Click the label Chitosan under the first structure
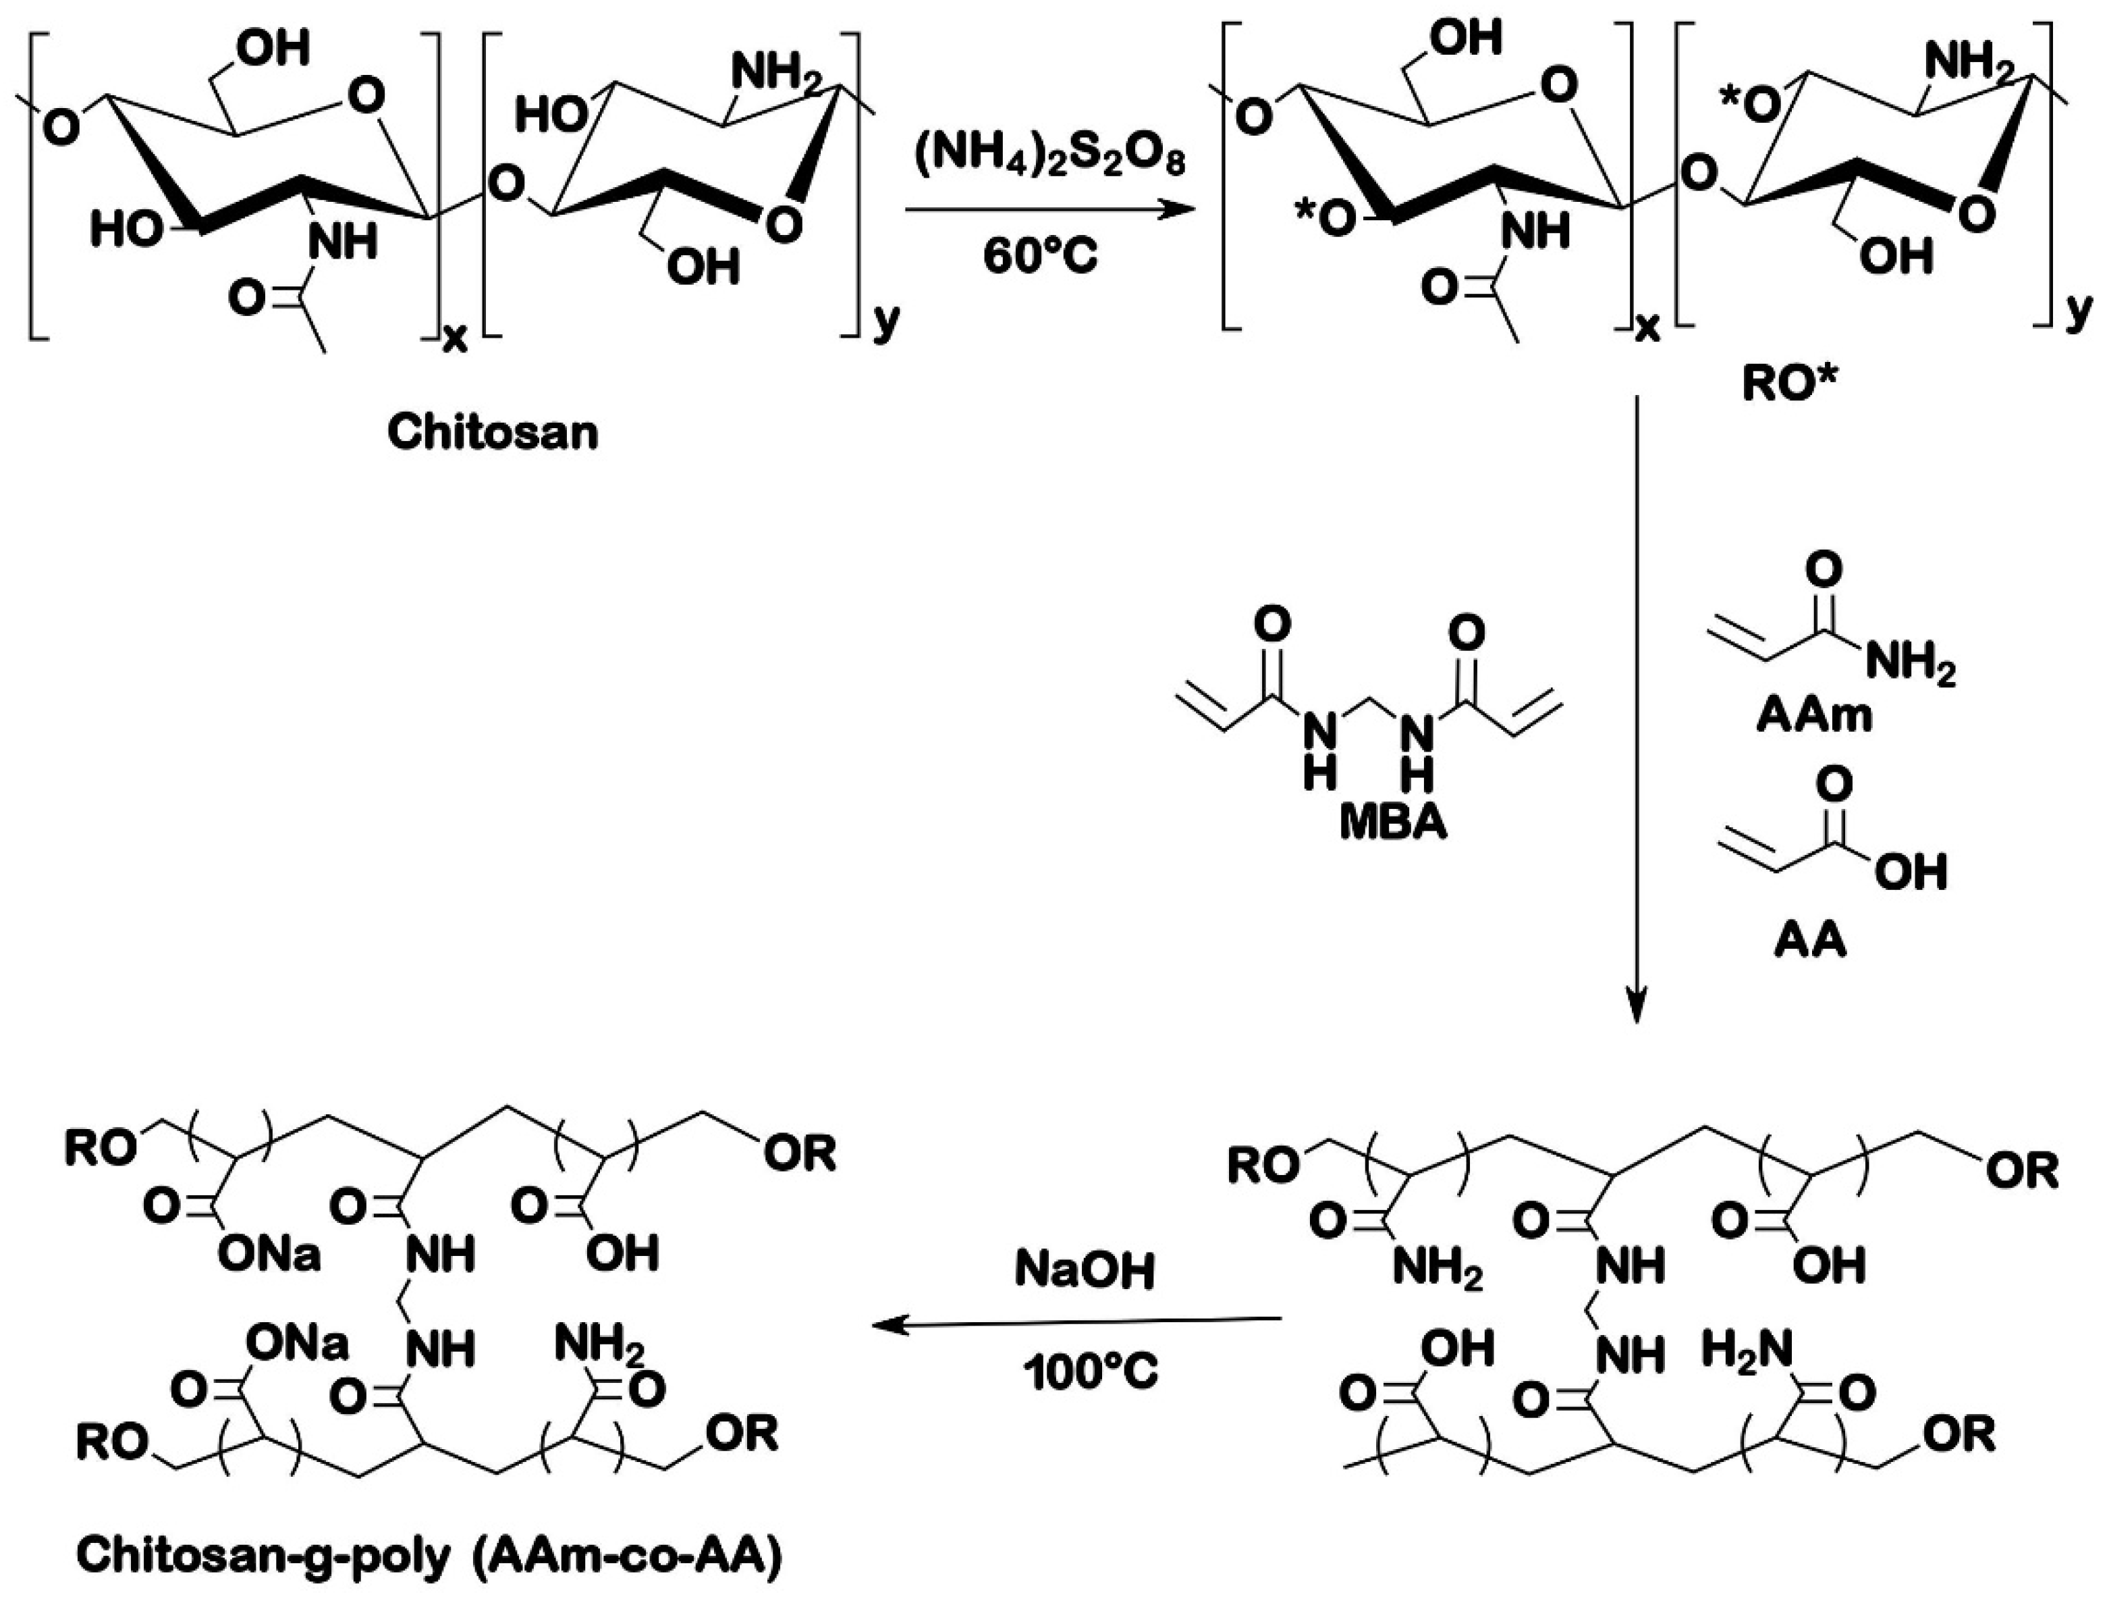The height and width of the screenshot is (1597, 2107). point(493,434)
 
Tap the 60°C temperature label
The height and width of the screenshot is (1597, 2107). point(1041,257)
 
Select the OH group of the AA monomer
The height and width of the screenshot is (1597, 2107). point(1910,872)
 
